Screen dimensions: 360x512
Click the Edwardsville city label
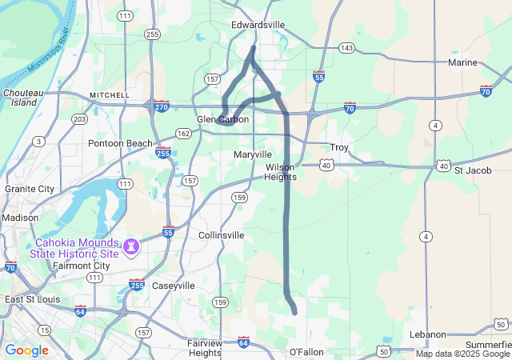pos(258,25)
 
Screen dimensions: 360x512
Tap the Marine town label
pos(462,62)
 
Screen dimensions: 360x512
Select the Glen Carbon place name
pos(223,119)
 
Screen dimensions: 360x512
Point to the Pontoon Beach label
pos(120,143)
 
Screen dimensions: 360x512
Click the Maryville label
pos(253,154)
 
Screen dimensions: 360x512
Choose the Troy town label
pos(339,148)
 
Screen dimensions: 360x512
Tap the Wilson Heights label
pos(281,172)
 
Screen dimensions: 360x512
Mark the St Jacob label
pos(470,170)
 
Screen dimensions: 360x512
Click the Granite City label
pos(30,189)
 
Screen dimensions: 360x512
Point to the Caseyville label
pos(174,286)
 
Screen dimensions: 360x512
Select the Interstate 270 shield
pos(162,106)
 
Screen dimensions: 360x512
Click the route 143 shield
pos(346,48)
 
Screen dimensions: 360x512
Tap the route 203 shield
pos(79,119)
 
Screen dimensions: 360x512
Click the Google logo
pos(26,350)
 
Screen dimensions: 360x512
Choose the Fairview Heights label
pos(205,347)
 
